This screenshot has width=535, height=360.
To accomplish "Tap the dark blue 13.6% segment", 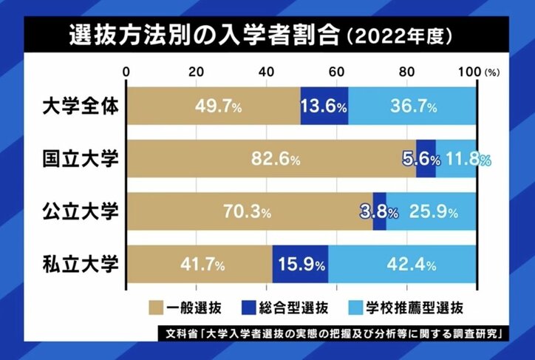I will coord(324,106).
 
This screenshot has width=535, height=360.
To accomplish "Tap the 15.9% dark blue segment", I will coord(301,263).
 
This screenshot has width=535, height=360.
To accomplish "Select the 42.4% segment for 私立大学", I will coord(403,263).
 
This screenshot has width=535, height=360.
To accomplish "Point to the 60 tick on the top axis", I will coord(336,72).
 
